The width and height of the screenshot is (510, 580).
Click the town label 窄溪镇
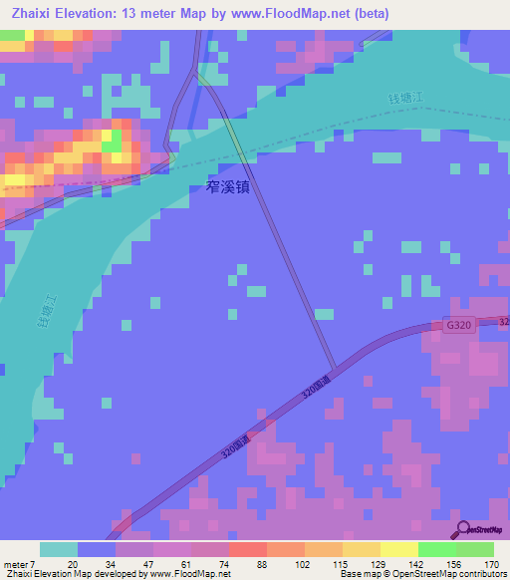228,186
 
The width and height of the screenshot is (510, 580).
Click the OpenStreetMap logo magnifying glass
461,528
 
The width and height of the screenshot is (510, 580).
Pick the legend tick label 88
260,563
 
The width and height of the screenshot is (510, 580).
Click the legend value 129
377,563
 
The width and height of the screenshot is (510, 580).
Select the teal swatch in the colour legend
58,549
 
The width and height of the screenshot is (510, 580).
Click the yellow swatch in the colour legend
398,549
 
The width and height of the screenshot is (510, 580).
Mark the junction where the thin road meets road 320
336,367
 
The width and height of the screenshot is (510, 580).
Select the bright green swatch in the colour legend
436,549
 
